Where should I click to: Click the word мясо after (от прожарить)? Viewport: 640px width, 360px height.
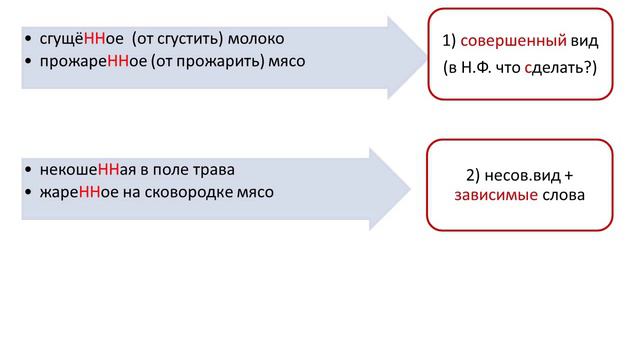click(x=286, y=61)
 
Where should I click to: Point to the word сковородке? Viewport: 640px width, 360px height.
click(x=188, y=191)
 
